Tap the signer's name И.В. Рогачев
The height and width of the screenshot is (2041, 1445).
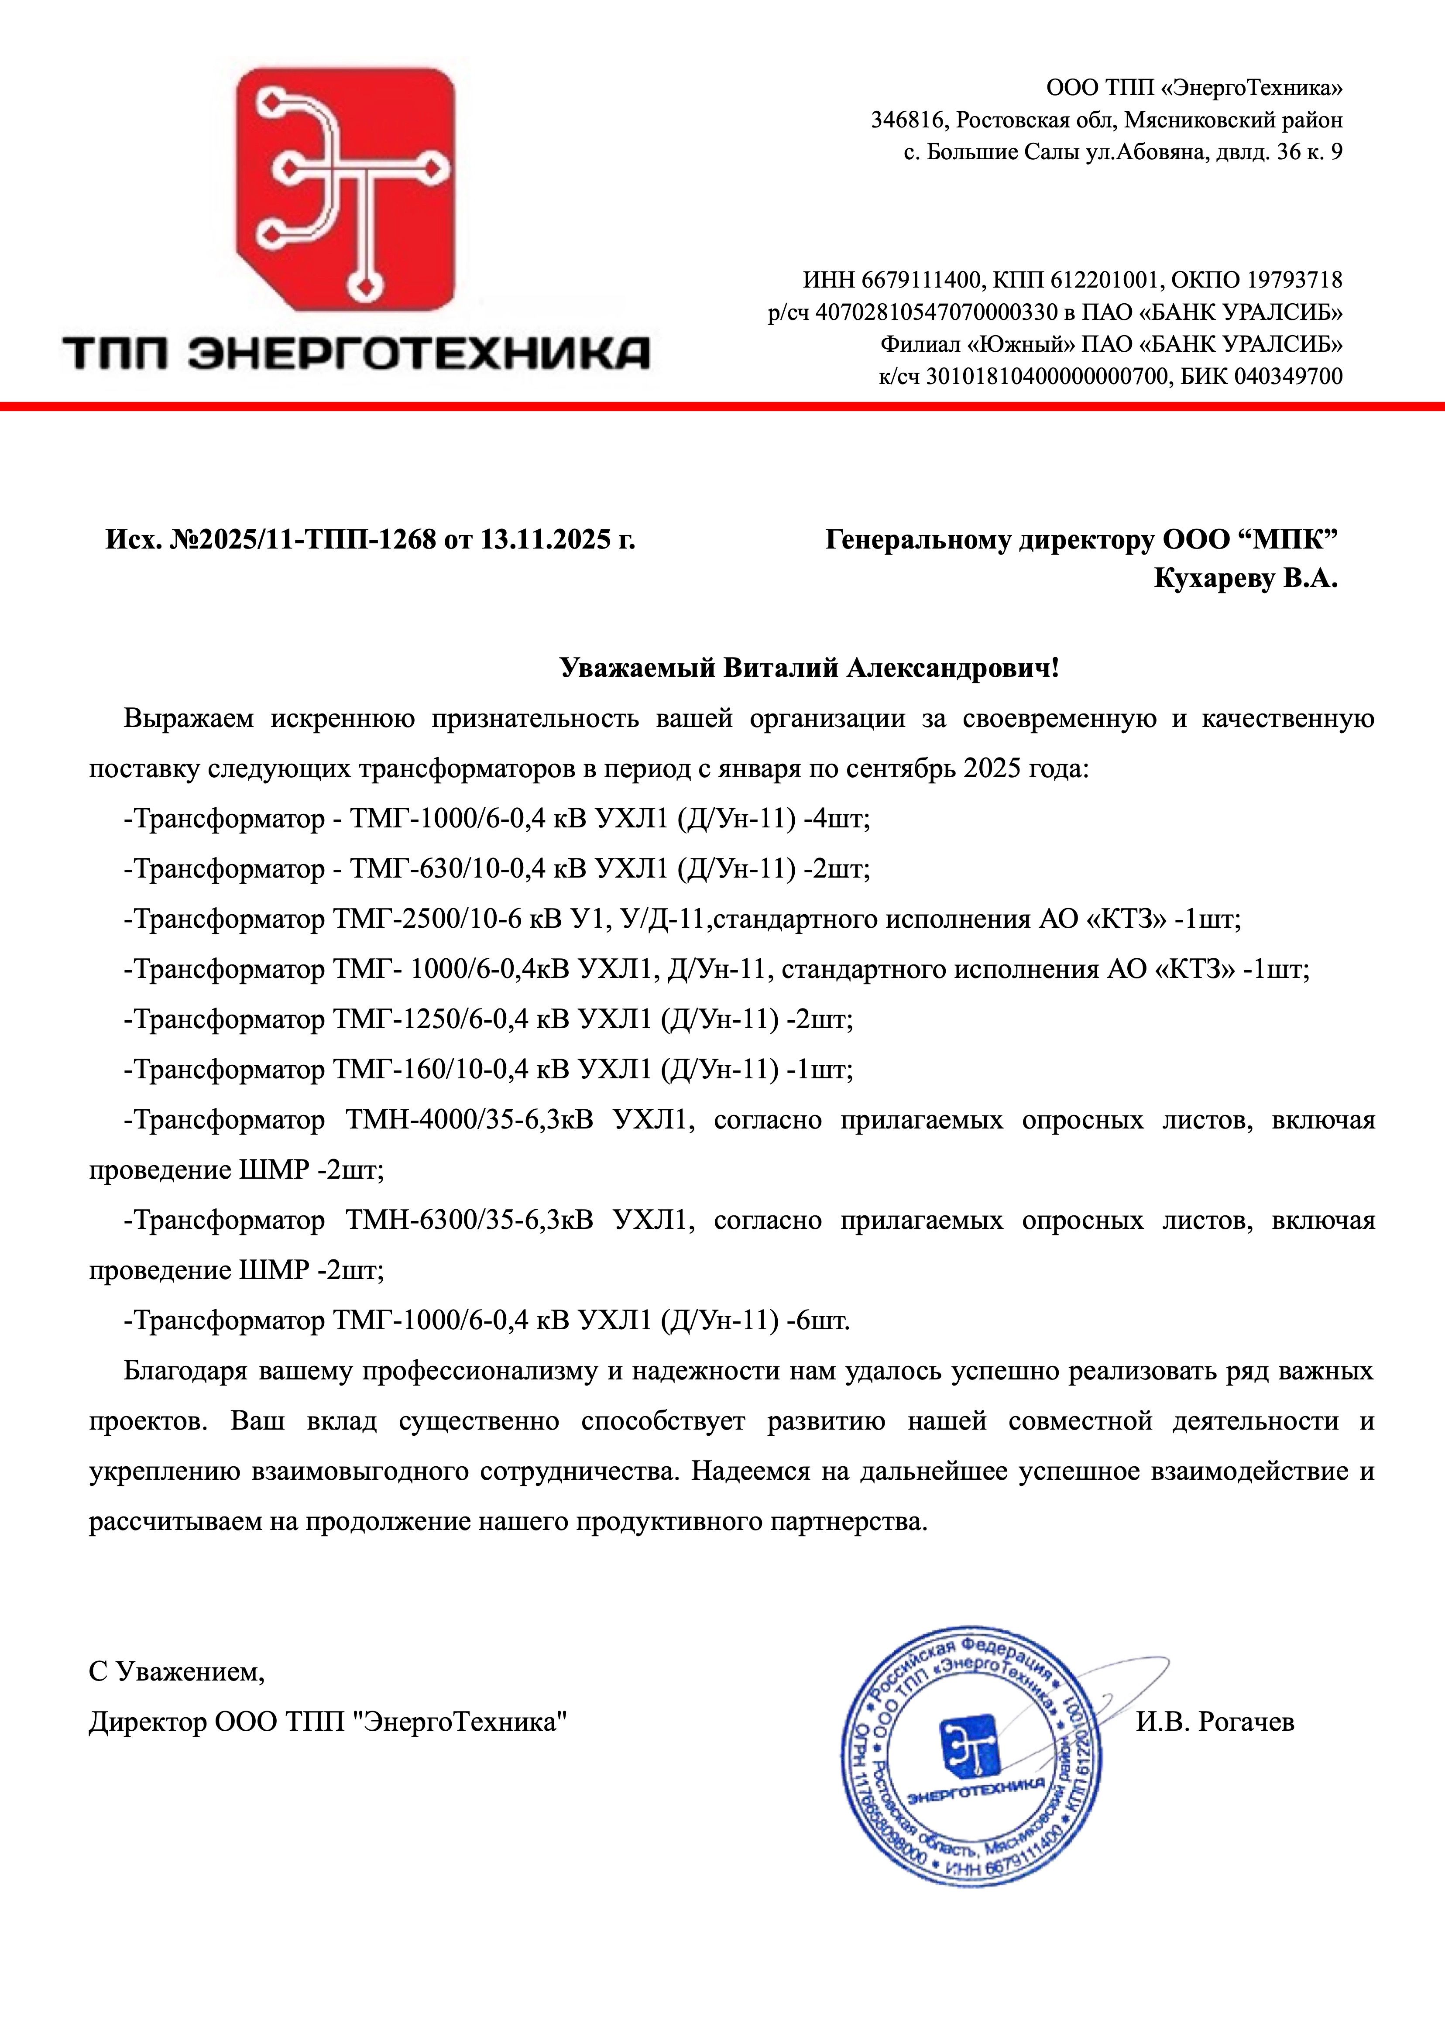tap(1215, 1722)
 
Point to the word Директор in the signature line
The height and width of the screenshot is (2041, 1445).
tap(147, 1722)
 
